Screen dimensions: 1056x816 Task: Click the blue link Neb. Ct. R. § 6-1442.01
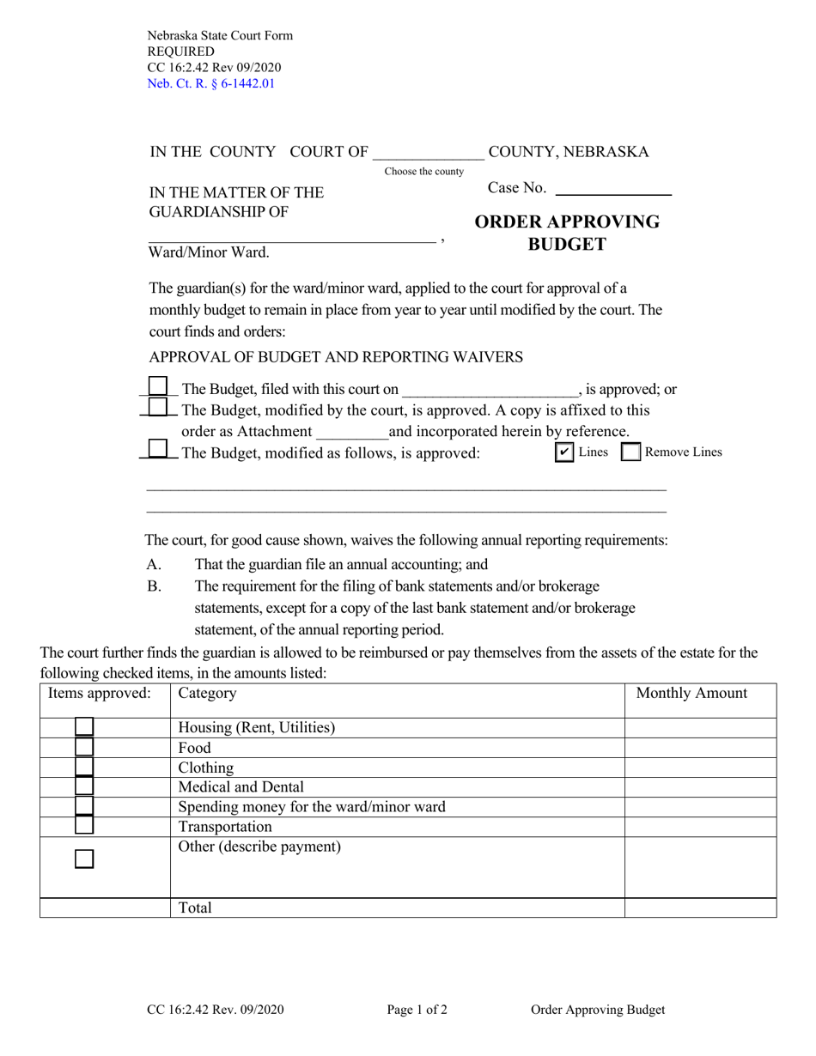[x=211, y=83]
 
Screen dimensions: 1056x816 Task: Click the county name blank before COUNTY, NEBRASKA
[x=428, y=153]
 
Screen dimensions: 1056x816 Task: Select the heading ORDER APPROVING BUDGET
[x=567, y=233]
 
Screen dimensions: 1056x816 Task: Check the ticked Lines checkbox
[x=564, y=452]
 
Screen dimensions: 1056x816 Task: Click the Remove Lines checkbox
[x=630, y=452]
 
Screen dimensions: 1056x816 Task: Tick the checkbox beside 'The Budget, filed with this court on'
[x=158, y=387]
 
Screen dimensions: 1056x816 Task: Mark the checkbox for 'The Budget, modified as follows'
[x=158, y=449]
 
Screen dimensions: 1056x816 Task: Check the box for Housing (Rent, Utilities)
[x=84, y=727]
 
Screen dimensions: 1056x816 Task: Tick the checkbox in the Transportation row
[x=84, y=826]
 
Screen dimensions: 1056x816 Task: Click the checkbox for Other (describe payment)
[x=84, y=859]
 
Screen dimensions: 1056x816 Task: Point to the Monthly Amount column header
[x=691, y=694]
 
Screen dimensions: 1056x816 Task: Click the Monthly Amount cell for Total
[x=700, y=907]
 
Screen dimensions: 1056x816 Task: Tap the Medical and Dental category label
[x=241, y=786]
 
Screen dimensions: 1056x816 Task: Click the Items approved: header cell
[x=100, y=694]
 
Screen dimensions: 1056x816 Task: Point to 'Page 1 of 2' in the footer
[x=417, y=1010]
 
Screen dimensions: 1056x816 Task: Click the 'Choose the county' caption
[x=423, y=172]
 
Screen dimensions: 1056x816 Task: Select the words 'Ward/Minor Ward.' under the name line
[x=209, y=252]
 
